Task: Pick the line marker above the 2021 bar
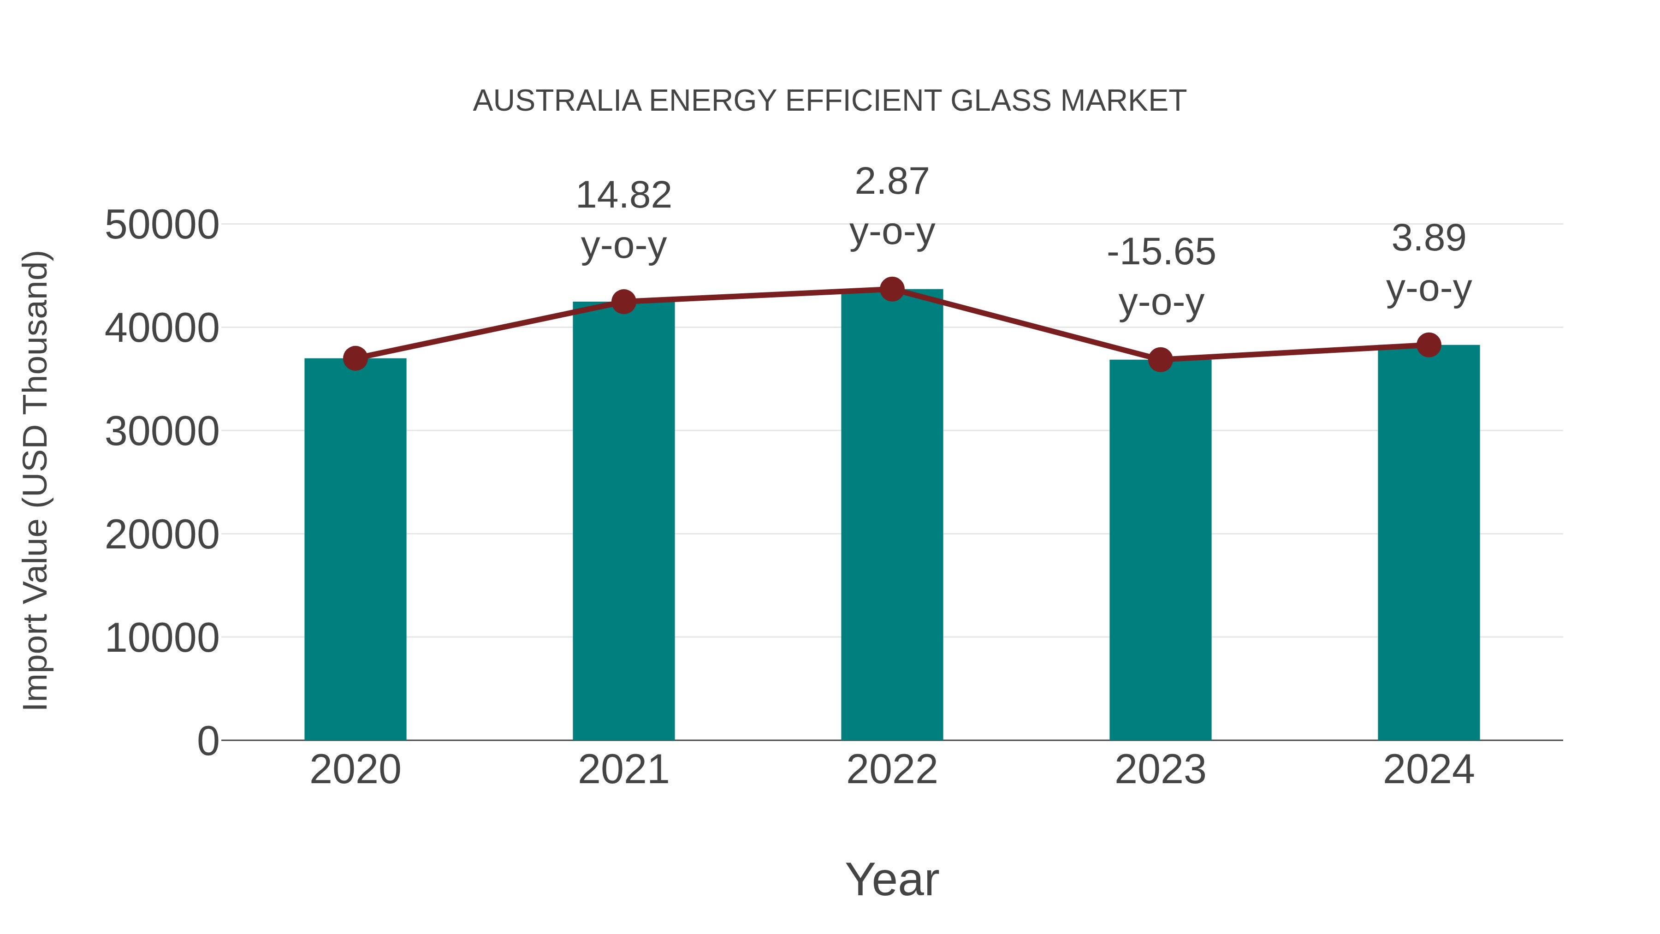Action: pos(623,301)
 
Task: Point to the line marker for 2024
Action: pos(1429,345)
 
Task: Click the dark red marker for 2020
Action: pos(355,358)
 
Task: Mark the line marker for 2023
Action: pos(1160,360)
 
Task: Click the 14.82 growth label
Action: pos(623,195)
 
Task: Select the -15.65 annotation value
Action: pos(1161,251)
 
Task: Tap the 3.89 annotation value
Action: pos(1429,238)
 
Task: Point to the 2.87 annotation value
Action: pos(892,181)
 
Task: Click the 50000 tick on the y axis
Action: pos(162,225)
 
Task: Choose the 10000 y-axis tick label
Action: pos(162,638)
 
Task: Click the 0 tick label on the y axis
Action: pos(207,741)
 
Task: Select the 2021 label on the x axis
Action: pos(623,770)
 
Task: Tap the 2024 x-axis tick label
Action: pos(1429,770)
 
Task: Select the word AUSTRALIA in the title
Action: pos(557,101)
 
